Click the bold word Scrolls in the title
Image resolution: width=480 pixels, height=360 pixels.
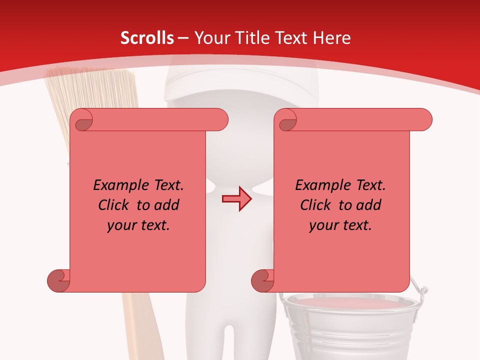click(147, 38)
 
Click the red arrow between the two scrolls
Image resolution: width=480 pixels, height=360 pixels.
click(237, 199)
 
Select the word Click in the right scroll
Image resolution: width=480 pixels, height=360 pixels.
click(316, 205)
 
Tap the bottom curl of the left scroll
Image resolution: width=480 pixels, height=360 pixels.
click(59, 280)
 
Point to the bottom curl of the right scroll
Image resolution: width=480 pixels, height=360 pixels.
click(263, 280)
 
